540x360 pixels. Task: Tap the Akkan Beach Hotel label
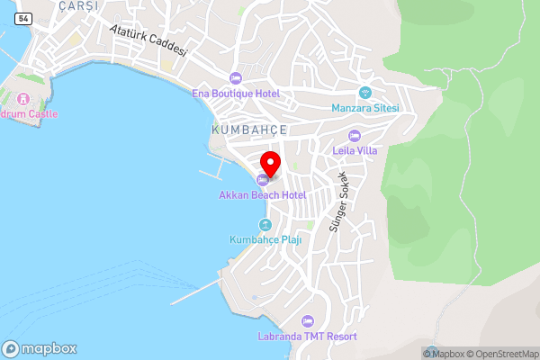coord(262,194)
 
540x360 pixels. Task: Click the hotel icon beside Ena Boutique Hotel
coord(236,77)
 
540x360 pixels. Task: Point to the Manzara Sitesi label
coord(365,108)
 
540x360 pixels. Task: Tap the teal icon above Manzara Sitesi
coord(365,92)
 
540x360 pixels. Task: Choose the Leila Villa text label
coord(354,150)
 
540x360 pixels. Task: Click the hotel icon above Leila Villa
coord(354,135)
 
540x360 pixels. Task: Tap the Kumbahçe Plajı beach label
coord(265,240)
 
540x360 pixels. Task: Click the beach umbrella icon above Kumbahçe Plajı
coord(265,225)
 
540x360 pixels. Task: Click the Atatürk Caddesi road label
coord(148,39)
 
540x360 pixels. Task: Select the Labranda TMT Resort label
coord(306,337)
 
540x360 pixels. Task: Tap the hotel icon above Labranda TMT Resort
coord(307,321)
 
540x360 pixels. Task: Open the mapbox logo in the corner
coord(40,348)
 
